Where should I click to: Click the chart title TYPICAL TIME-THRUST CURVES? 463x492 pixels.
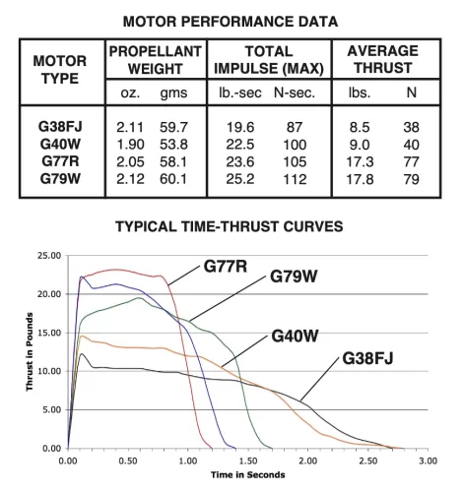[231, 225]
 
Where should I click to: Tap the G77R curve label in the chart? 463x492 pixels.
[227, 266]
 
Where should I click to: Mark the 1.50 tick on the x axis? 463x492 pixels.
[246, 460]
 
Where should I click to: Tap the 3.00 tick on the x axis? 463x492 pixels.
[427, 460]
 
